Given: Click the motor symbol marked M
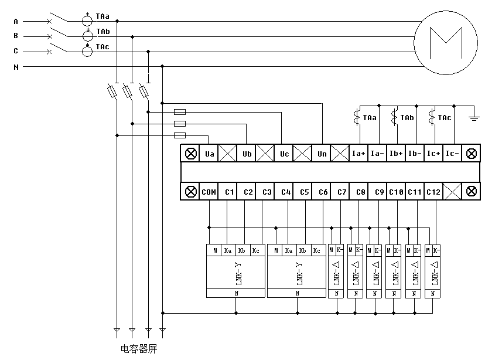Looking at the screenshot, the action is (446, 43).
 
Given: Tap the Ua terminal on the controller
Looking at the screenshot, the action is (209, 154).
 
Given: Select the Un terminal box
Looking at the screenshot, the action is (322, 154).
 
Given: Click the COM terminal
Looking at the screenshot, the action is (209, 192).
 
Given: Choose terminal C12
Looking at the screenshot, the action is (433, 192).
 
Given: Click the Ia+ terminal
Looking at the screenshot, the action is (359, 154).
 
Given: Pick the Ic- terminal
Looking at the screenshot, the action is (452, 154).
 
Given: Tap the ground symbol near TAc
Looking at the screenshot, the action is (474, 118).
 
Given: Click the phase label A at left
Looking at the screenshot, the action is (16, 22).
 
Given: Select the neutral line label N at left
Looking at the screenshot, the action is (16, 67).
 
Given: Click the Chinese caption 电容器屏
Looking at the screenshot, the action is (139, 349).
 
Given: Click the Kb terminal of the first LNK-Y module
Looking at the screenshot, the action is (242, 250).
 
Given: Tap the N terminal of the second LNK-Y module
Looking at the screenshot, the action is (298, 293).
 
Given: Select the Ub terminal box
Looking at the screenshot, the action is (247, 154).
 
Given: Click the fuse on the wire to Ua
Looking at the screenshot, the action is (180, 135).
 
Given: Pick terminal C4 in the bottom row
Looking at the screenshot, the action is (286, 192).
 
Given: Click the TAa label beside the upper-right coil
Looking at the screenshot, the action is (370, 118).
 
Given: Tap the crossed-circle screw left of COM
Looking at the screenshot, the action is (191, 192).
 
